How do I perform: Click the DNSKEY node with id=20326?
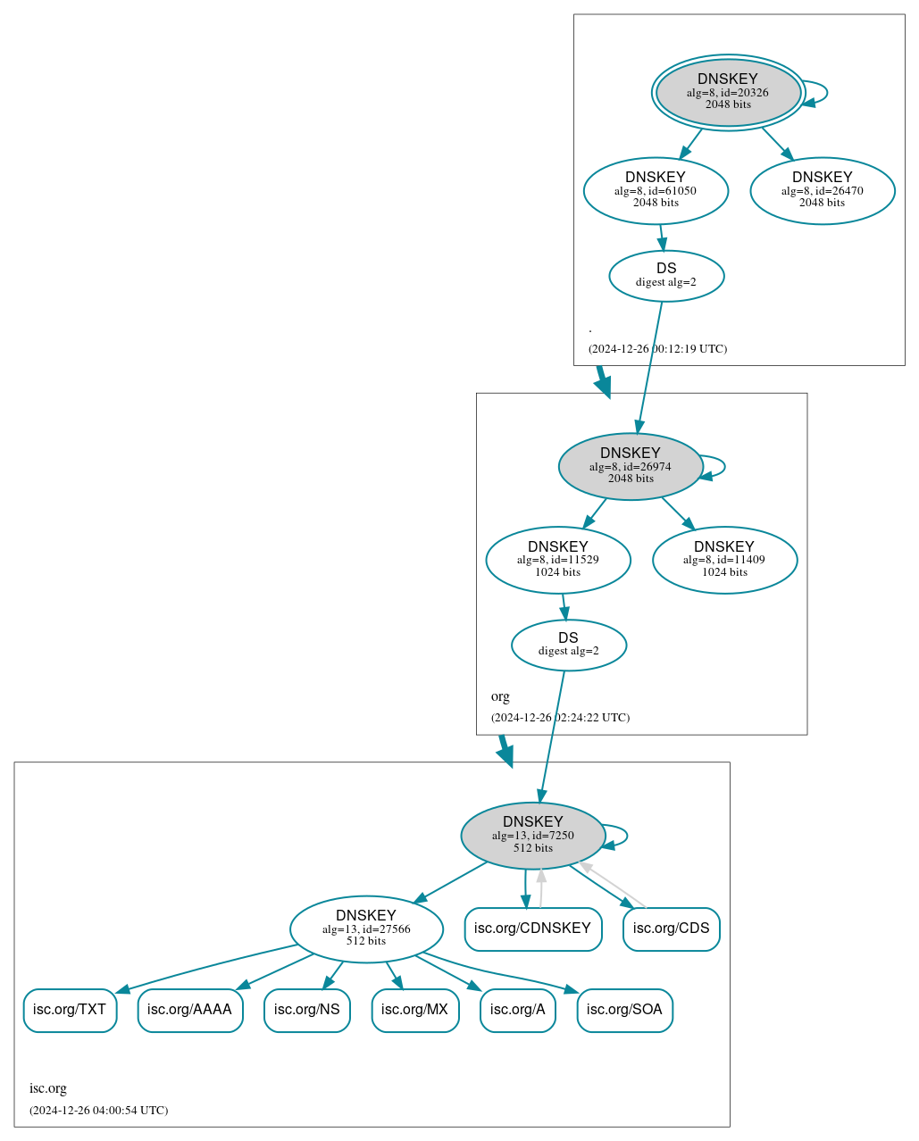728,92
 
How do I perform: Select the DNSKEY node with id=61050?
656,190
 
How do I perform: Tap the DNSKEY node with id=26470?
822,190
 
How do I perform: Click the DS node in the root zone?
666,276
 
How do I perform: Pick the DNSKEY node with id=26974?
631,466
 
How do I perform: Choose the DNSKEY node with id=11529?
558,560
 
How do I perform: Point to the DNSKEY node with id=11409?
724,560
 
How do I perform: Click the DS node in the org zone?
569,645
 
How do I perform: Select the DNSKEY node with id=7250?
533,836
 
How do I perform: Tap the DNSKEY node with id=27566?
366,929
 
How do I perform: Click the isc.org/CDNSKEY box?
532,929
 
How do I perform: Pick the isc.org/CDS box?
671,929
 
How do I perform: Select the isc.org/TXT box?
70,1010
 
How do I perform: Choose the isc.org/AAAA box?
189,1010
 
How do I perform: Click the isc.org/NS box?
306,1010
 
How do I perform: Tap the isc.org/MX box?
414,1010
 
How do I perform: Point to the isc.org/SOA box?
624,1010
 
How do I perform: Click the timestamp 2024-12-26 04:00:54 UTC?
98,1111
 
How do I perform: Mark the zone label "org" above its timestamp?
500,696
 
